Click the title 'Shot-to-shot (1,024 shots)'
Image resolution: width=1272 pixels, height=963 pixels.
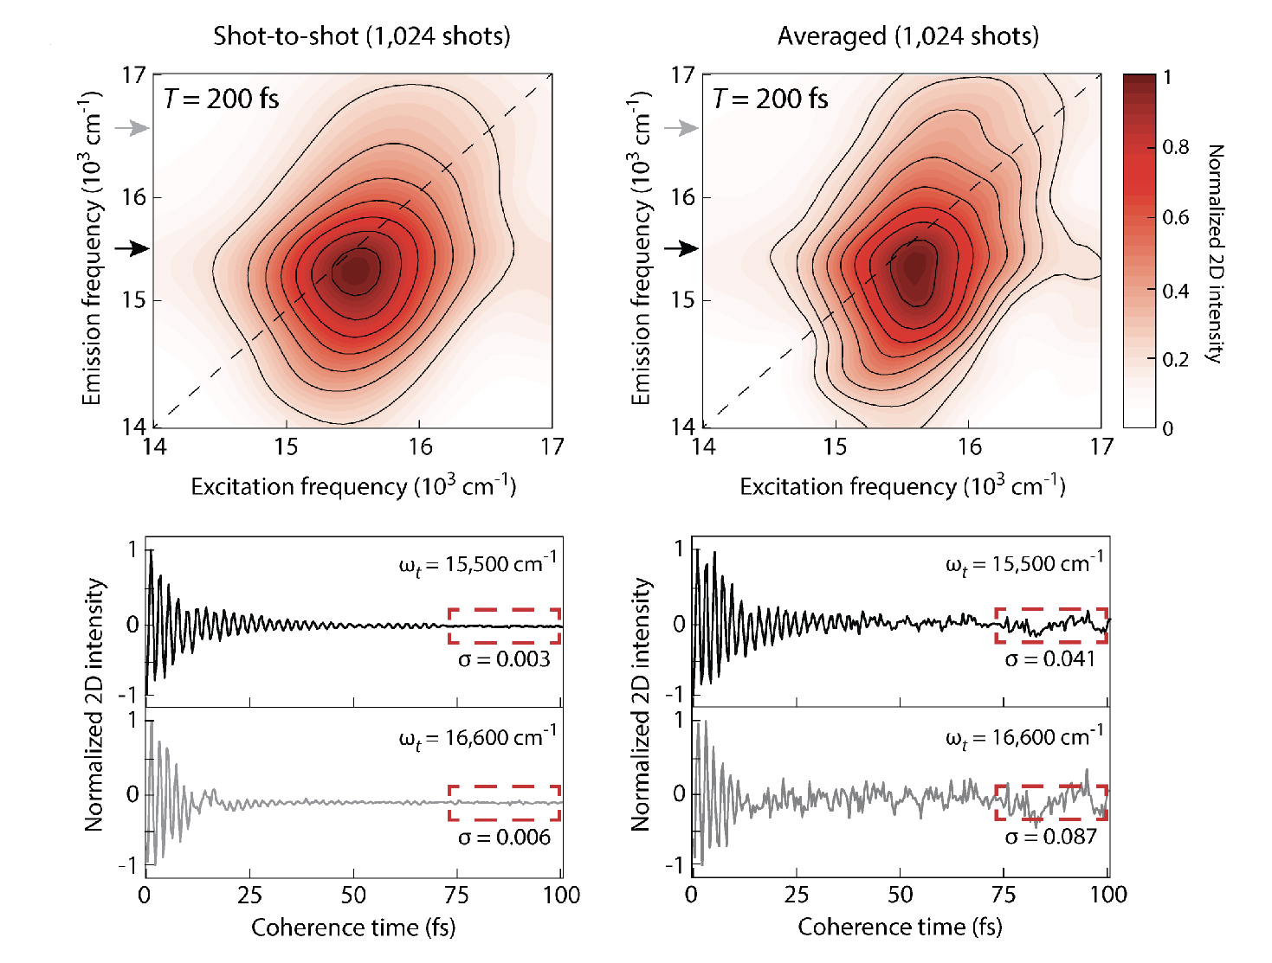point(362,36)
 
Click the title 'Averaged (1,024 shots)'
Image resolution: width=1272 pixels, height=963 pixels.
point(907,36)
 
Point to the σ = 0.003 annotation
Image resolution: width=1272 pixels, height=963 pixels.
point(504,659)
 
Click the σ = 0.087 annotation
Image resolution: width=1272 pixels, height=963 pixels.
point(1050,837)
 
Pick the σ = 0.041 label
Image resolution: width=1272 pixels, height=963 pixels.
point(1050,659)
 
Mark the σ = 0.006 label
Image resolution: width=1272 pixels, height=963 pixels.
point(504,837)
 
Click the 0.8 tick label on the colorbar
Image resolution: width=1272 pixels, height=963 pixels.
point(1175,147)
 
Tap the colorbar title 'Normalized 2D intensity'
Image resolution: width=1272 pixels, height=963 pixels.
point(1216,254)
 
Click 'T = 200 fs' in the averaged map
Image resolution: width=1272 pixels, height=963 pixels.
point(770,99)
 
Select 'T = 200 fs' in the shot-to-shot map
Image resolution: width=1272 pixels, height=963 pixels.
point(222,99)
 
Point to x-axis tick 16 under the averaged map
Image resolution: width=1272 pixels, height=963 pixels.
point(969,446)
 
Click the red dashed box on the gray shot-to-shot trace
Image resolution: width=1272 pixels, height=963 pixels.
point(505,802)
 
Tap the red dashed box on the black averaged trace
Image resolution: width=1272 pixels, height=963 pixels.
point(1051,625)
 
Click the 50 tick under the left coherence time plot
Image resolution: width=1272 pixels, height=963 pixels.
point(353,895)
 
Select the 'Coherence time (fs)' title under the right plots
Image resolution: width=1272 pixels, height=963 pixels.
point(900,928)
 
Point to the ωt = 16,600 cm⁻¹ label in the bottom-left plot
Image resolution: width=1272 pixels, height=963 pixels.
point(477,738)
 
